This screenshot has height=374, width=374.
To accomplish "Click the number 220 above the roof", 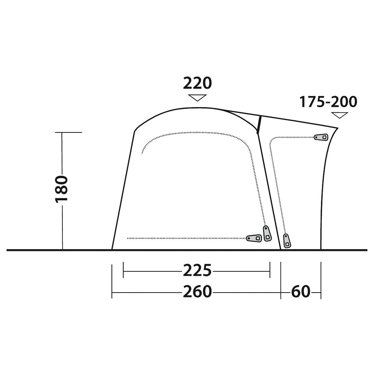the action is pyautogui.click(x=197, y=83).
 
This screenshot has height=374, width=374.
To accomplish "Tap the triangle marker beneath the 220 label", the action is pyautogui.click(x=197, y=98).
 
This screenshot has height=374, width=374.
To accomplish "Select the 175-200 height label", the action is pyautogui.click(x=328, y=102).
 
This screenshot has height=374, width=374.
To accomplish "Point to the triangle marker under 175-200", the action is pyautogui.click(x=340, y=115).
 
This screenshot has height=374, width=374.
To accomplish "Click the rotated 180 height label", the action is pyautogui.click(x=62, y=189).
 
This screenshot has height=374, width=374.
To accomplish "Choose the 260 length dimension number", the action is pyautogui.click(x=198, y=292).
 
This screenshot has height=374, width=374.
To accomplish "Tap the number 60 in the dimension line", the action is pyautogui.click(x=301, y=292).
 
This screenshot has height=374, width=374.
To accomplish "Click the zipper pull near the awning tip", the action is pyautogui.click(x=321, y=137).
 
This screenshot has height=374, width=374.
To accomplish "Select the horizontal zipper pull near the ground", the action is pyautogui.click(x=254, y=238).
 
